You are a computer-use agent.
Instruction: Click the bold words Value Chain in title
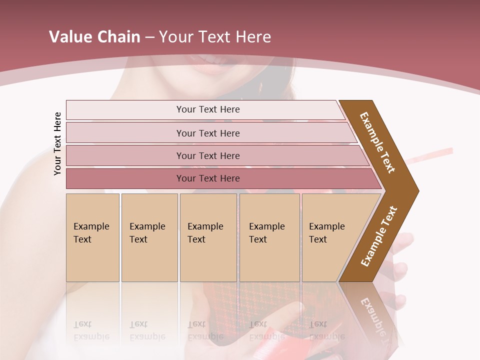[94, 37]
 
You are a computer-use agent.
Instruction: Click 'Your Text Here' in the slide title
[215, 37]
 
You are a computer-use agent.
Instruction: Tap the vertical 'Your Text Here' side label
[57, 144]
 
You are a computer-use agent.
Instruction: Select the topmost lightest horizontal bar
[207, 109]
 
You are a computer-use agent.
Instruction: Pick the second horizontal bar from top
[207, 133]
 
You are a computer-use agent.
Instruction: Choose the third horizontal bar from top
[207, 156]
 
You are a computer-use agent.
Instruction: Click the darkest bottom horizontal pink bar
[207, 178]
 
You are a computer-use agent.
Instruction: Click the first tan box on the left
[92, 237]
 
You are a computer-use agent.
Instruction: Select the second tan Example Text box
[149, 237]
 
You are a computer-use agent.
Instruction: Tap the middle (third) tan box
[208, 237]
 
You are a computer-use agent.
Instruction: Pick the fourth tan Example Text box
[269, 237]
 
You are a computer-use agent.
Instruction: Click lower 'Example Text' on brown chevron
[379, 236]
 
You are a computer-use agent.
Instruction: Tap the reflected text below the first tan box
[91, 330]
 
